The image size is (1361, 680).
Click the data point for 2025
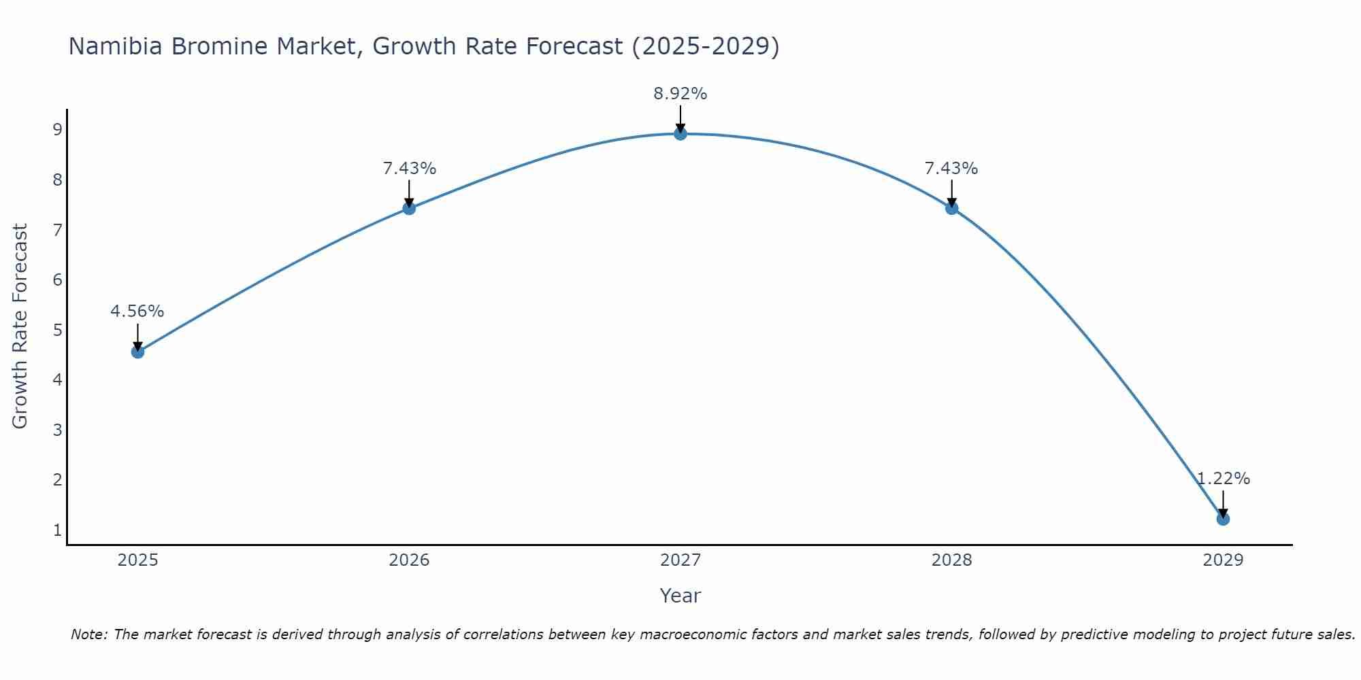point(137,352)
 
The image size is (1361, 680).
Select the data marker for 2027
point(680,133)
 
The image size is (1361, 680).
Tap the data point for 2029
point(1223,519)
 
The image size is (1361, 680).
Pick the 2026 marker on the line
point(409,208)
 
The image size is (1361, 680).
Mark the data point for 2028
point(951,208)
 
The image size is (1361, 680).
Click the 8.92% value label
point(680,94)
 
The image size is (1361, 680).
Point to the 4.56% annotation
point(137,311)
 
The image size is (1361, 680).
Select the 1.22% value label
point(1223,479)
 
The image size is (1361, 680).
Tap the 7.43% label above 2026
point(409,169)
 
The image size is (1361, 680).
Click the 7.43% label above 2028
point(951,169)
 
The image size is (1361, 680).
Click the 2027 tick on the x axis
point(680,560)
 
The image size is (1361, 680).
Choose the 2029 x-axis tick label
point(1223,560)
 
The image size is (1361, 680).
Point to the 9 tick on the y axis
point(57,129)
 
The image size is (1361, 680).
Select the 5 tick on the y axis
point(57,330)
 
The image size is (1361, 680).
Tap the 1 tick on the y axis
point(57,530)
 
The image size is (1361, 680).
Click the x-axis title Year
point(680,596)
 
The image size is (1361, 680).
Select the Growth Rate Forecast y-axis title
point(20,326)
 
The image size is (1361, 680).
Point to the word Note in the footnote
point(89,634)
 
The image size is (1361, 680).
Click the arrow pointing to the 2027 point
point(680,118)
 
